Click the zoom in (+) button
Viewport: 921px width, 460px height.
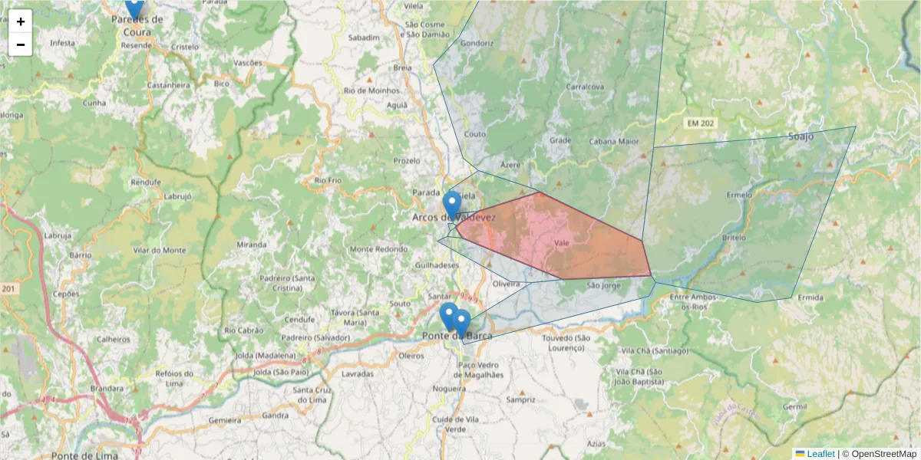point(21,21)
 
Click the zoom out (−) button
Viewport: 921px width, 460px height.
point(21,44)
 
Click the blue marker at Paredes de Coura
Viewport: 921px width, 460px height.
point(134,8)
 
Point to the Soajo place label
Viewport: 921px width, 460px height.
point(801,136)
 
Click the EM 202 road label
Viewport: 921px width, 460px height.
point(698,123)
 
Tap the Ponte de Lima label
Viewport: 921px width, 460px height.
point(84,455)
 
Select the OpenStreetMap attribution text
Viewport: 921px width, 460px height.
point(883,454)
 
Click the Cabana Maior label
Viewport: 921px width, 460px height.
point(614,141)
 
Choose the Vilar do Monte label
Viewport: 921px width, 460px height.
point(159,250)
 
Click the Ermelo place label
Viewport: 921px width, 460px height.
point(739,195)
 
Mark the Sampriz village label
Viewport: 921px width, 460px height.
point(520,399)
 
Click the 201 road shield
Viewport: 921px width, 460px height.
point(8,289)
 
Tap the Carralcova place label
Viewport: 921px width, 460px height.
point(585,87)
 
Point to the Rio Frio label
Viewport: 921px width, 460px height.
point(328,180)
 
